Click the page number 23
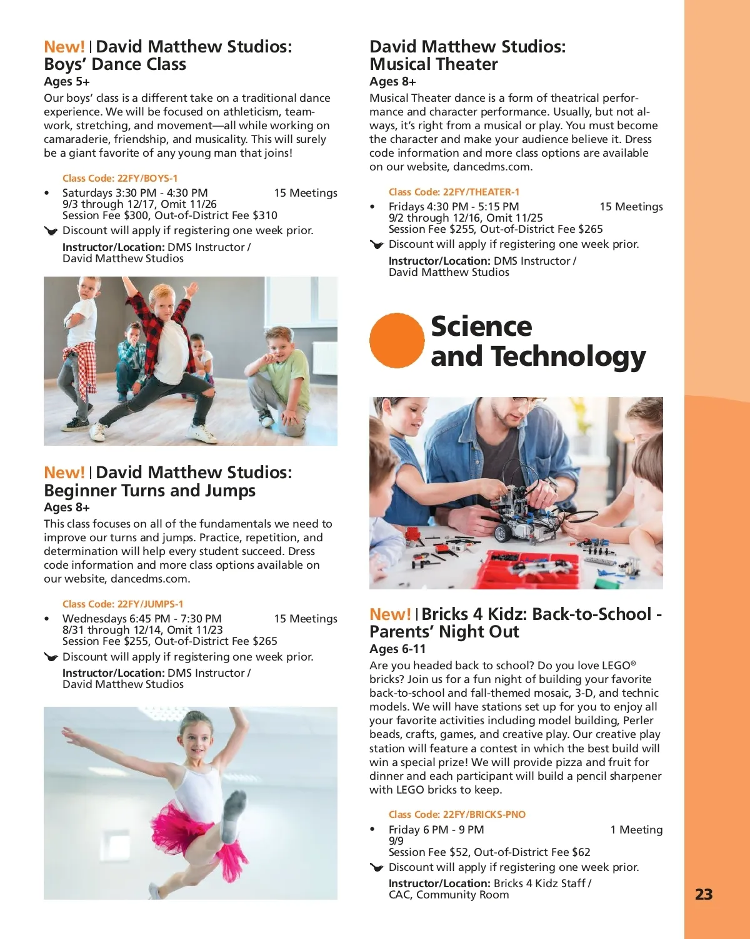[x=703, y=895]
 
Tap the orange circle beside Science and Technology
[x=397, y=340]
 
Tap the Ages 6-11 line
[x=397, y=649]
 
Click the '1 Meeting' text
[x=636, y=830]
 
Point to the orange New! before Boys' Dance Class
[x=64, y=47]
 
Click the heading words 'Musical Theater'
[x=434, y=64]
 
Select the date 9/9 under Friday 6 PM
[x=396, y=841]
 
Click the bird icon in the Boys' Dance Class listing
[x=51, y=231]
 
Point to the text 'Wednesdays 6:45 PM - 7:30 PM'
[x=142, y=619]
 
